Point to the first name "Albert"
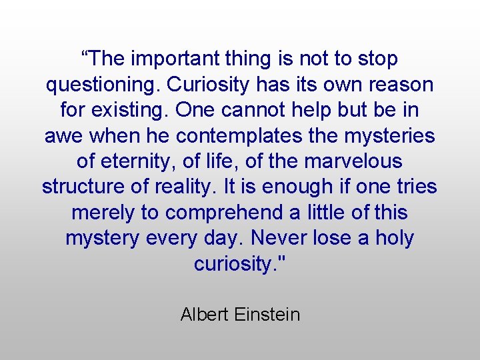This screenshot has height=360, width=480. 205,314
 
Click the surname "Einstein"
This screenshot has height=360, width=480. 267,314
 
